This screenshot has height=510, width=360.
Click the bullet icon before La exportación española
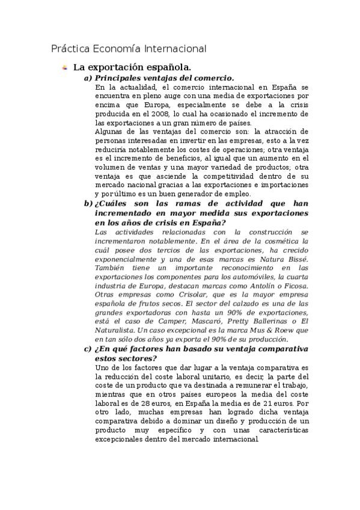click(64, 68)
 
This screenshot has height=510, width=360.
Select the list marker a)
click(88, 78)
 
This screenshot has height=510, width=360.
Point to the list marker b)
click(88, 204)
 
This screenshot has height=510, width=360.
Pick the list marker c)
click(88, 348)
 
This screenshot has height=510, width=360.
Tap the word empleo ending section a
click(250, 194)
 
